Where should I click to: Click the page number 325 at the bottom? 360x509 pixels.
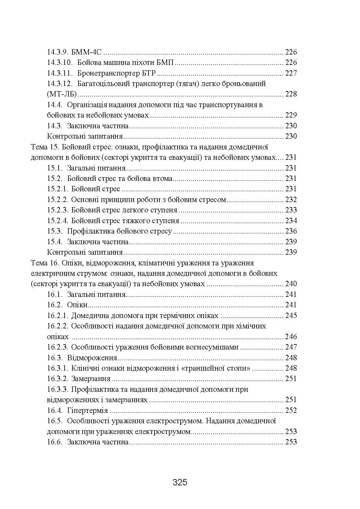(180, 482)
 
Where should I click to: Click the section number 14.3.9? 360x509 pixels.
(56, 52)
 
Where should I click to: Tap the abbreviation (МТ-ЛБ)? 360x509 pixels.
(62, 94)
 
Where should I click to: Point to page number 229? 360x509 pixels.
(291, 115)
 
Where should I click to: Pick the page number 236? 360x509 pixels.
(291, 231)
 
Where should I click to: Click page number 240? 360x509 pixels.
(291, 284)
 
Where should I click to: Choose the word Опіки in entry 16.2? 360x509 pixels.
(77, 305)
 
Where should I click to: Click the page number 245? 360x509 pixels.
(291, 315)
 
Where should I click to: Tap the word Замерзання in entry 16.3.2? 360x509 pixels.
(90, 379)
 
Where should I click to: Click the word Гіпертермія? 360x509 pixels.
(87, 410)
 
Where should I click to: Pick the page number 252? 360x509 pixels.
(291, 410)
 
